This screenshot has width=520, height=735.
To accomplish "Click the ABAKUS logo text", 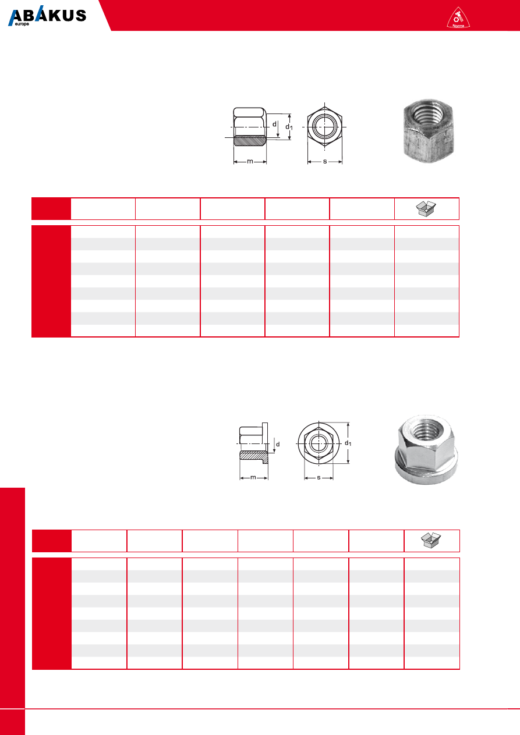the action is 47,16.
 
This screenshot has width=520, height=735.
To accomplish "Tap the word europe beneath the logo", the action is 22,24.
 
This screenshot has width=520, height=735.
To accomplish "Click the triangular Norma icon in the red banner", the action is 458,17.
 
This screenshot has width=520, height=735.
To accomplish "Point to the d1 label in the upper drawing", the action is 289,127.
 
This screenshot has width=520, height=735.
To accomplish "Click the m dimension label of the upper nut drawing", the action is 250,161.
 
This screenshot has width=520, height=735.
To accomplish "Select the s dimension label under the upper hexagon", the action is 325,161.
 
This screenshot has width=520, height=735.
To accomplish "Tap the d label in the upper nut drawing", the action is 274,125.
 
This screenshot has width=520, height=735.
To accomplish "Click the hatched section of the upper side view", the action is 249,141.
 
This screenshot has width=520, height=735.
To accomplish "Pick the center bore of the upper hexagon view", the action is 325,127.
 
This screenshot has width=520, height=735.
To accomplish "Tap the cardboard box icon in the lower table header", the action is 431,540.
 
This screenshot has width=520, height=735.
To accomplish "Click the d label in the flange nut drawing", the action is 278,444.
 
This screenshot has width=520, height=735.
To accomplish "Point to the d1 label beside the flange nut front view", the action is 348,443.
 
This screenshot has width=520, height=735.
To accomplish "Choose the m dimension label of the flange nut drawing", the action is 253,477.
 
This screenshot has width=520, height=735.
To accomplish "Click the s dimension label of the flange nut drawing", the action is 319,477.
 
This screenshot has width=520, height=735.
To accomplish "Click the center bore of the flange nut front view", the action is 318,443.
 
